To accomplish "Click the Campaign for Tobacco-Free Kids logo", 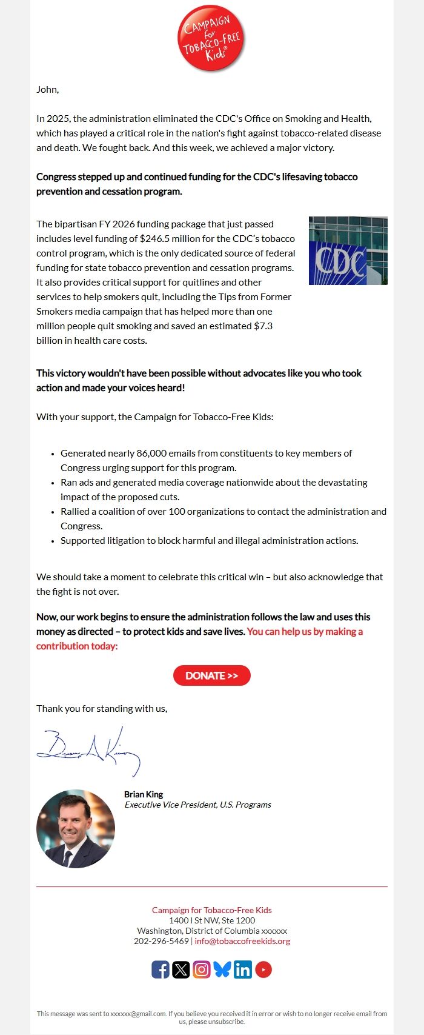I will click(x=211, y=38).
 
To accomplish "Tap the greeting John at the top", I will click(x=47, y=90).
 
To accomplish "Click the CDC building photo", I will click(x=348, y=251).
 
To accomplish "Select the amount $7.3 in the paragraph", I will click(x=263, y=326).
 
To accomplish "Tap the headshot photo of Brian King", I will click(x=76, y=828).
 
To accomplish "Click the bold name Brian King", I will click(x=144, y=794).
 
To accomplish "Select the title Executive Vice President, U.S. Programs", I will click(x=197, y=805).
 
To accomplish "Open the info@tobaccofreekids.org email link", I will click(x=242, y=942).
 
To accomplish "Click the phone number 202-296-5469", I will click(x=161, y=942).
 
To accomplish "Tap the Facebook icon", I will click(x=161, y=970).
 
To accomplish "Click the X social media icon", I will click(x=181, y=970).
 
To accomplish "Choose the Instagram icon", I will click(x=202, y=970).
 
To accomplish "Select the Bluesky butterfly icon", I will click(x=222, y=970).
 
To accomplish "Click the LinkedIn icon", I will click(x=243, y=970).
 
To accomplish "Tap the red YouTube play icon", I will click(x=263, y=970).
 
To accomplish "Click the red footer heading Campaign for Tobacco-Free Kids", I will click(x=211, y=910).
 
